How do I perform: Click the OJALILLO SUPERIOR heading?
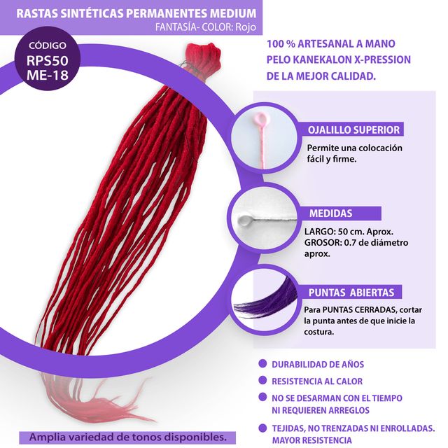(x=354, y=129)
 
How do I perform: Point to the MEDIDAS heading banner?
(x=330, y=213)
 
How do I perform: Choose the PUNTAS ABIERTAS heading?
(x=351, y=293)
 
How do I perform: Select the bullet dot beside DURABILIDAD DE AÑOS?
(x=262, y=365)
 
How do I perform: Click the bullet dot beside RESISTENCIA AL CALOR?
(x=262, y=381)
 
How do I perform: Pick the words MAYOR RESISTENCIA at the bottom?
(x=312, y=440)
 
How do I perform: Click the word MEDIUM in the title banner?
(x=226, y=13)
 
